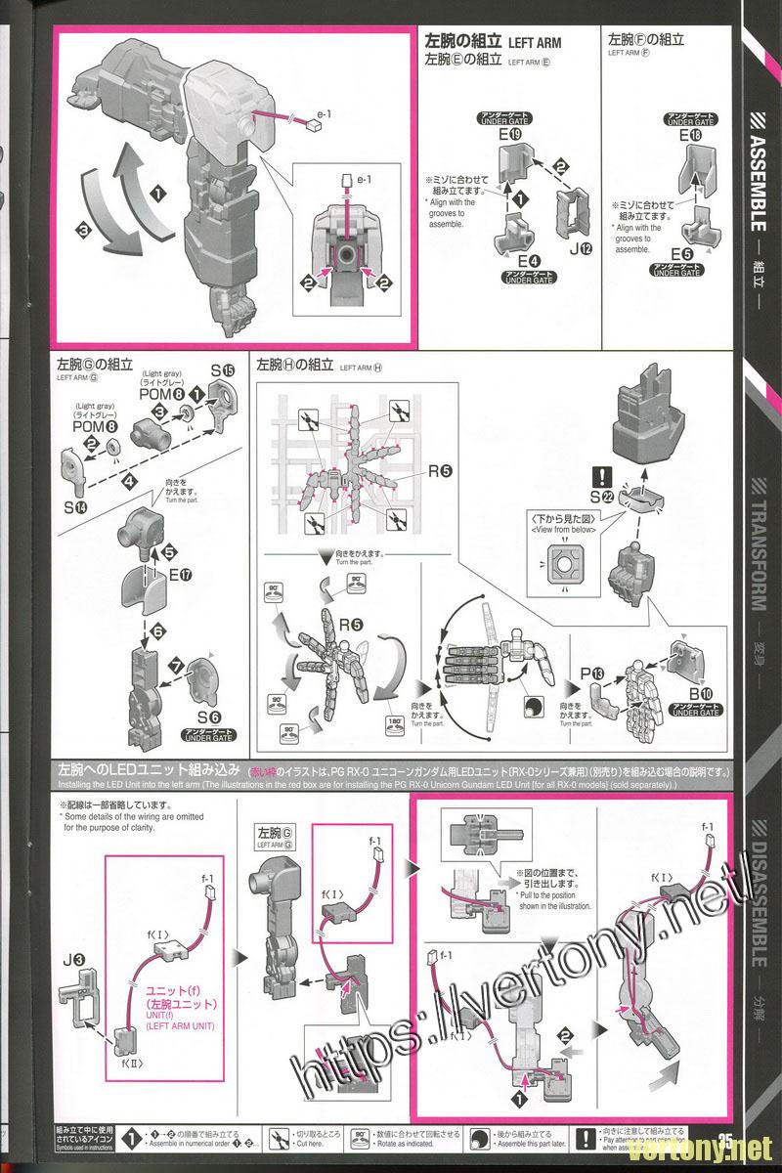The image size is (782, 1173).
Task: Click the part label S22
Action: pos(604,497)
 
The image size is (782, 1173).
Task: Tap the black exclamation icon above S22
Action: pos(605,476)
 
